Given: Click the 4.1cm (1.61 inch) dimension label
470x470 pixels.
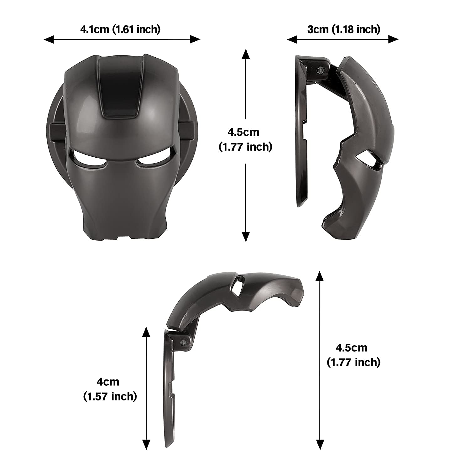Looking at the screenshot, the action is pos(120,29).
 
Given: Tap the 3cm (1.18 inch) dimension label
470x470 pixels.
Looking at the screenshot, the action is pos(344,29).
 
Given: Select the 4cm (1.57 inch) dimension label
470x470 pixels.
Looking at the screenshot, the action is pos(110,389).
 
